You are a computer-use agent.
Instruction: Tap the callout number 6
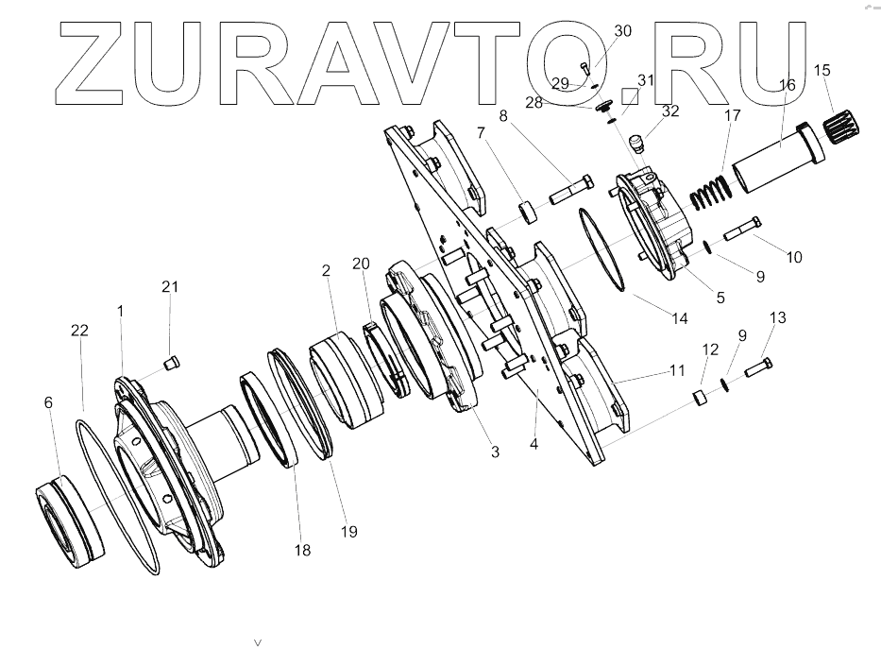[x=48, y=401]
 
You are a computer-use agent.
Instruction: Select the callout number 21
[x=170, y=286]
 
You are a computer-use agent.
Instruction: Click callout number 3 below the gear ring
[x=495, y=452]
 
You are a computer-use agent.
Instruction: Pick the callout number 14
[x=680, y=318]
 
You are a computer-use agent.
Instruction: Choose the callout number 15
[x=822, y=70]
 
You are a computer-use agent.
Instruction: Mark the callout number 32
[x=670, y=111]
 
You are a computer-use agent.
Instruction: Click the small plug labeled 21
[x=170, y=361]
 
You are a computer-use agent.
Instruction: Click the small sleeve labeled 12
[x=700, y=396]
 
